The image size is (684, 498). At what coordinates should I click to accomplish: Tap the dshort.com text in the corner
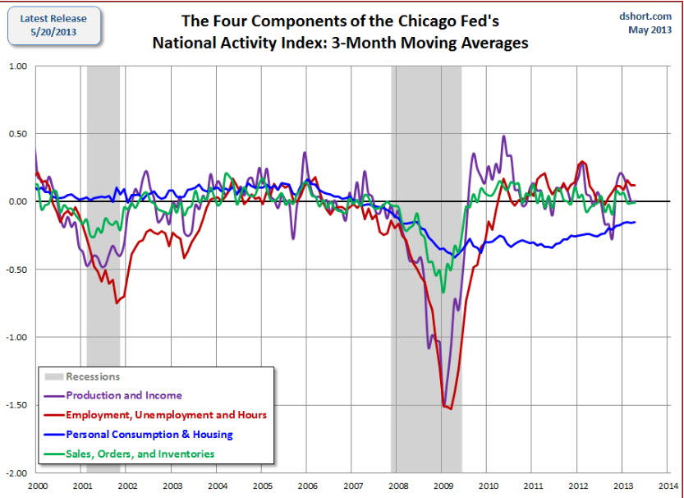(651, 16)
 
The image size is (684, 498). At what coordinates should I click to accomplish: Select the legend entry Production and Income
(124, 396)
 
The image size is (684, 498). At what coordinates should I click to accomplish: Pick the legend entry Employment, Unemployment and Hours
(166, 415)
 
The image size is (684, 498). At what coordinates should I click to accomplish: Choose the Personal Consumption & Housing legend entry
(149, 434)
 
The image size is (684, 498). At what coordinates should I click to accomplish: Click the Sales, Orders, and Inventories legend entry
(140, 454)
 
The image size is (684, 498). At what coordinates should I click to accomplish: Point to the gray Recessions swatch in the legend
(53, 377)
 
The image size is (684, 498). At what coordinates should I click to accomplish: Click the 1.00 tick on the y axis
(17, 66)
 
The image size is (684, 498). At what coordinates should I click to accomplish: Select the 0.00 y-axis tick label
(17, 201)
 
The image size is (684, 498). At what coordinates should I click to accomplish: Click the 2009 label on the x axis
(442, 486)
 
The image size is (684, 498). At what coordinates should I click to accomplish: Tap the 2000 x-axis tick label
(36, 486)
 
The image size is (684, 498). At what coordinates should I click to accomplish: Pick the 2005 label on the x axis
(262, 486)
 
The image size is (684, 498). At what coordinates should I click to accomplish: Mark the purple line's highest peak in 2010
(503, 136)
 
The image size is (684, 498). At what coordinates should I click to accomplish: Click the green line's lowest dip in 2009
(443, 292)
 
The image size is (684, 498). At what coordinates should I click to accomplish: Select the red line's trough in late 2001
(117, 303)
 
